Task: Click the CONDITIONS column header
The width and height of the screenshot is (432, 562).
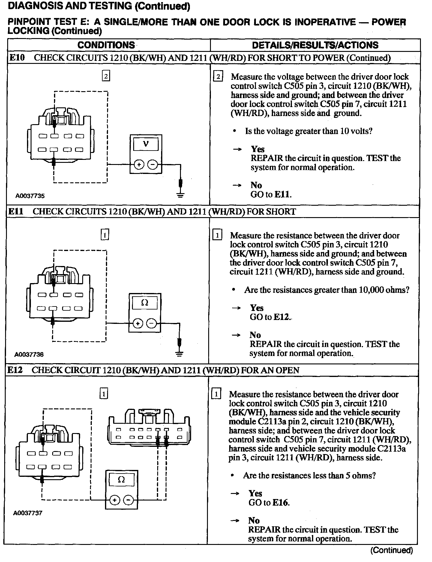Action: click(x=106, y=45)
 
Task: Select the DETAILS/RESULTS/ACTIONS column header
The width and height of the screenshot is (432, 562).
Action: click(x=315, y=45)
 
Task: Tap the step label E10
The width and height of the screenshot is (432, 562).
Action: click(x=17, y=58)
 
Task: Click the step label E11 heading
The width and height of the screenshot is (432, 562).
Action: click(x=16, y=211)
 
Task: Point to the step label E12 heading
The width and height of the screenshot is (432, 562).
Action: click(x=15, y=370)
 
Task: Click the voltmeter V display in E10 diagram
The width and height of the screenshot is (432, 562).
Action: click(x=146, y=144)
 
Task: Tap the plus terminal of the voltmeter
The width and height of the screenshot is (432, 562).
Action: click(x=139, y=165)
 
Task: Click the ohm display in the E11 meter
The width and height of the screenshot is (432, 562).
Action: click(x=145, y=303)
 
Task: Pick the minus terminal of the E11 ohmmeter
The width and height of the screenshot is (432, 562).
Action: click(x=152, y=324)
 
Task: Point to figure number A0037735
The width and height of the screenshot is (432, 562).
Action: click(x=30, y=196)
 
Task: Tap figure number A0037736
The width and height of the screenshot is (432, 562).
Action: click(x=29, y=354)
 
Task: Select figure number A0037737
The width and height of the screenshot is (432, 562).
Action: click(x=28, y=513)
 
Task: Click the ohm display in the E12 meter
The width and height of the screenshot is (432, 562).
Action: click(x=121, y=480)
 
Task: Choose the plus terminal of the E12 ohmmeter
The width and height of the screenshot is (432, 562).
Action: click(x=114, y=500)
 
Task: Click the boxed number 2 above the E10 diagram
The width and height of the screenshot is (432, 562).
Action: click(x=106, y=76)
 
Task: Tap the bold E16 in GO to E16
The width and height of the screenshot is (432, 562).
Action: click(x=281, y=503)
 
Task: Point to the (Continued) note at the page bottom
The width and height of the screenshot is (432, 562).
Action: click(x=392, y=550)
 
